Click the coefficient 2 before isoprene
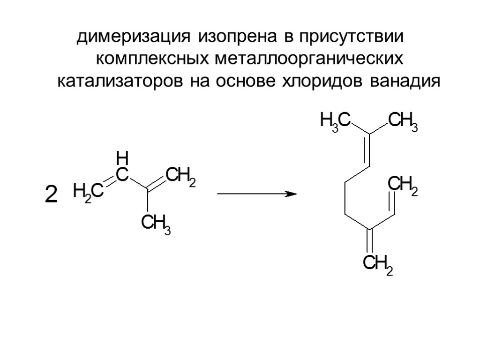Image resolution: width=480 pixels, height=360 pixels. click(50, 194)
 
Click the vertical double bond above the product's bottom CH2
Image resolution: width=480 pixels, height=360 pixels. click(370, 241)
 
